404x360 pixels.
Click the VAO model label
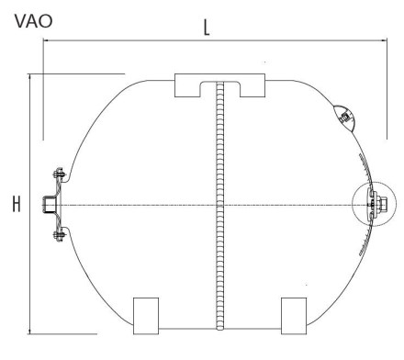33,21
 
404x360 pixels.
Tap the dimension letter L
207,28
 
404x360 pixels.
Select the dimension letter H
17,204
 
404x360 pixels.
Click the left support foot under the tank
146,316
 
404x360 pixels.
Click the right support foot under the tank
294,316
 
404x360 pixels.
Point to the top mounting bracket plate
219,84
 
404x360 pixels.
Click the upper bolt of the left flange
59,174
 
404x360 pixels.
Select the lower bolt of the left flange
59,235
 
